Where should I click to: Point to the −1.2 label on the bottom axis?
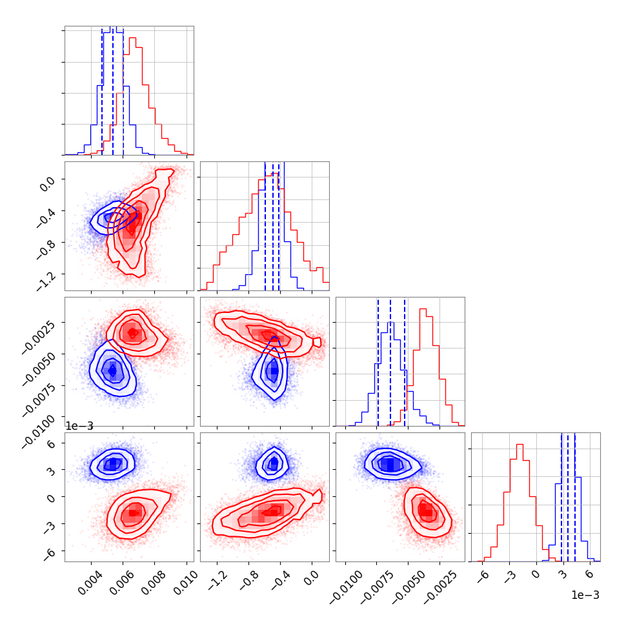tap(218, 581)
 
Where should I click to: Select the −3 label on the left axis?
tap(49, 527)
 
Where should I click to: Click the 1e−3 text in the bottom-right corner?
tap(585, 595)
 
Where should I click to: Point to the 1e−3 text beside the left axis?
tap(79, 426)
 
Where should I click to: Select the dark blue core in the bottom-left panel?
tap(113, 463)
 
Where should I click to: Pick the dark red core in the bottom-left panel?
tap(134, 513)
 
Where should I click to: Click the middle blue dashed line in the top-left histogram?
tap(112, 91)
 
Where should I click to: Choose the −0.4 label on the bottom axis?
tap(281, 581)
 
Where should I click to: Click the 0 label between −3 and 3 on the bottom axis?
tap(536, 574)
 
